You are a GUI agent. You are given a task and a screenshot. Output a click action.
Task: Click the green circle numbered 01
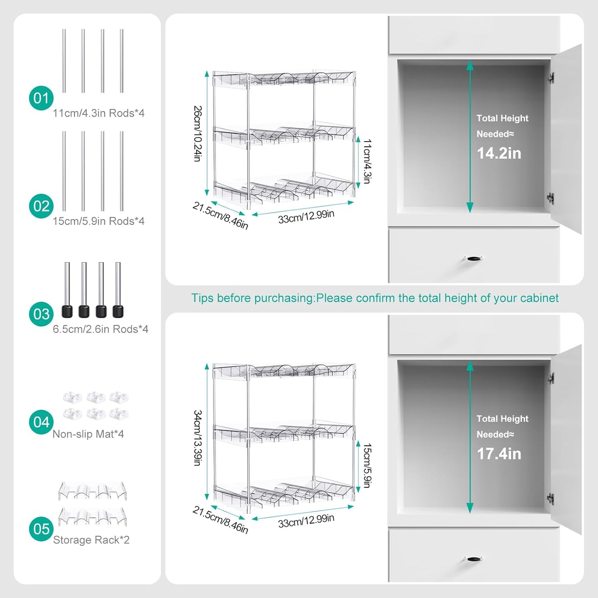41,98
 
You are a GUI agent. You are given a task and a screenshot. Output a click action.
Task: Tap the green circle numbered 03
41,314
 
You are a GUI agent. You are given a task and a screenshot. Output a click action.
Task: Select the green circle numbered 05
41,529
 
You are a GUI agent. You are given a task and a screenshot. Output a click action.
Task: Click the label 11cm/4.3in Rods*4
98,113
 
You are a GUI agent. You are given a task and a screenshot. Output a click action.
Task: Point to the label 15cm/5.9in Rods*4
98,221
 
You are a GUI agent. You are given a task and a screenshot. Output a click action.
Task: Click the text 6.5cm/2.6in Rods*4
101,329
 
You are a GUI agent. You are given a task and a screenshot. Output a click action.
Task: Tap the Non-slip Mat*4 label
88,434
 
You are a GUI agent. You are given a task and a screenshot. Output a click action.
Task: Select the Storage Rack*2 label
91,540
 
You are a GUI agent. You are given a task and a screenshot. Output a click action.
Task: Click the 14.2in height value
499,154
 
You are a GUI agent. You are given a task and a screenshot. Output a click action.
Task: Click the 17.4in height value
499,454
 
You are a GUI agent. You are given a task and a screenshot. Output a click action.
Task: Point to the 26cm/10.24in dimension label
198,133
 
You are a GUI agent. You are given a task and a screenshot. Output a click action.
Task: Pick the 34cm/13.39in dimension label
198,438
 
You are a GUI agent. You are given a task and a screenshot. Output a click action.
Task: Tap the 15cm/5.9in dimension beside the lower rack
367,466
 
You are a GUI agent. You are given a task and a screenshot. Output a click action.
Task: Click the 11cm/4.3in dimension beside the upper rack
367,161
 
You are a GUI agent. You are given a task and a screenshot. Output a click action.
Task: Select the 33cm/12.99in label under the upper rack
306,216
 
